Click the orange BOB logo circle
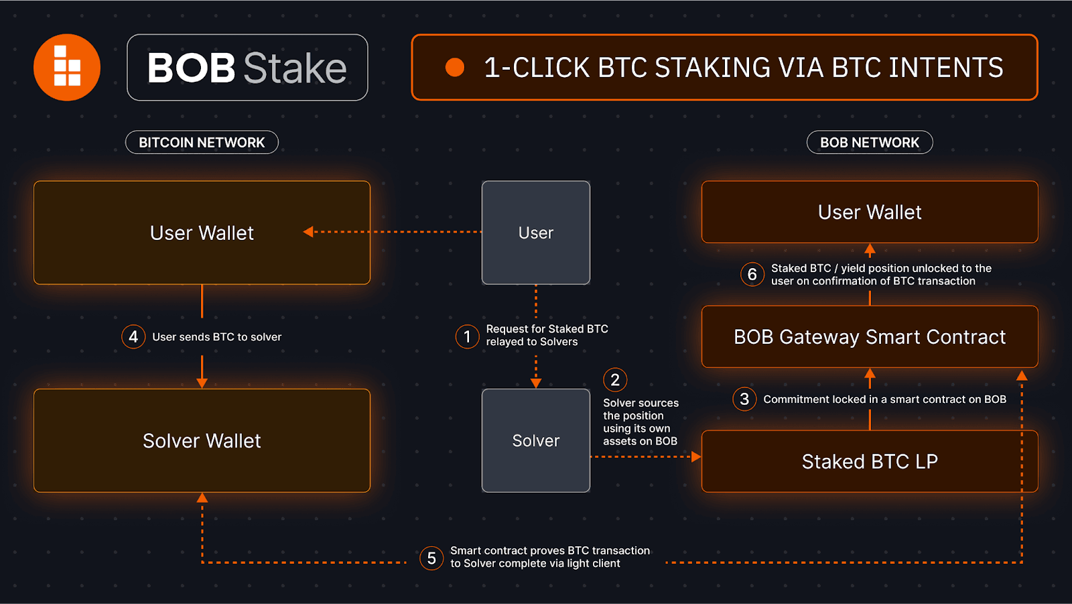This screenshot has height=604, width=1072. [67, 68]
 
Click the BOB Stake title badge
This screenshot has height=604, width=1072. [247, 68]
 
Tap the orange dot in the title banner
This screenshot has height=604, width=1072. [455, 68]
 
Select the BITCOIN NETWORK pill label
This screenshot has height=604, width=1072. [202, 142]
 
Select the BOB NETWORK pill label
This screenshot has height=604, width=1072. [870, 142]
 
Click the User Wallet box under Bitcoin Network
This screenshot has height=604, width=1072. [202, 233]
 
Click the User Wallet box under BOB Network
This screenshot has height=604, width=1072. [870, 212]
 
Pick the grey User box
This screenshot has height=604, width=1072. [536, 233]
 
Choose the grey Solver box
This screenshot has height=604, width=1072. [536, 440]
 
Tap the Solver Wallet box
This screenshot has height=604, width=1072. [202, 440]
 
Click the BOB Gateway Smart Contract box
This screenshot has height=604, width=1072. [870, 337]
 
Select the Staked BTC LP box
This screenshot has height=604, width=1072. [870, 461]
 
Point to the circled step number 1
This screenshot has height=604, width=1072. [467, 337]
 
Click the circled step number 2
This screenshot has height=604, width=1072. [615, 380]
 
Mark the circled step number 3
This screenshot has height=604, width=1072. [744, 400]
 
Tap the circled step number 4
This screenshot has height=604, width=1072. [133, 337]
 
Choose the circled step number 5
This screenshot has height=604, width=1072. [431, 558]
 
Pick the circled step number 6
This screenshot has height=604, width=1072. [752, 274]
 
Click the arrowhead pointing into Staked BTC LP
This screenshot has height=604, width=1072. [696, 457]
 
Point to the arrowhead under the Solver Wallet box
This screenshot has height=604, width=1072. [202, 498]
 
